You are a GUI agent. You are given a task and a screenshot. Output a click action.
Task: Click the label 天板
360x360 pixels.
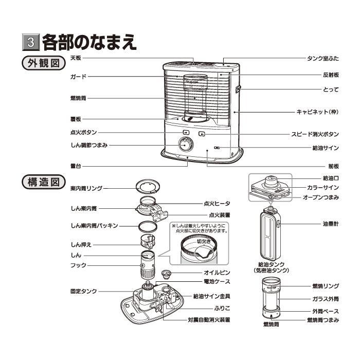tap(76, 58)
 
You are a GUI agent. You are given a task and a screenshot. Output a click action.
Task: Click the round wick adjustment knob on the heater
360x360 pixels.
tap(184, 145)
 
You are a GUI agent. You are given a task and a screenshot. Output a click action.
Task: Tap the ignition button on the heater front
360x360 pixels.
tap(178, 133)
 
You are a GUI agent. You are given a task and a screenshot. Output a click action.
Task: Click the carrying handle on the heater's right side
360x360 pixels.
tap(239, 89)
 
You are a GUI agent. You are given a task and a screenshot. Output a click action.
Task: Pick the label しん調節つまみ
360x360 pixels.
tap(88, 146)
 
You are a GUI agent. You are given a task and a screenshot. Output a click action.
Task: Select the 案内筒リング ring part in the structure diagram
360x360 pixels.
tap(149, 186)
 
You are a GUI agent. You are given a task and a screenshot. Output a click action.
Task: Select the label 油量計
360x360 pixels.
tap(331, 224)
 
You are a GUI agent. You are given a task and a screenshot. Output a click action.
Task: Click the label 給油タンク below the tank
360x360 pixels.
tap(272, 264)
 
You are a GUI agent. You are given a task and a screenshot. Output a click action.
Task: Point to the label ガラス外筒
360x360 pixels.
tap(325, 298)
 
